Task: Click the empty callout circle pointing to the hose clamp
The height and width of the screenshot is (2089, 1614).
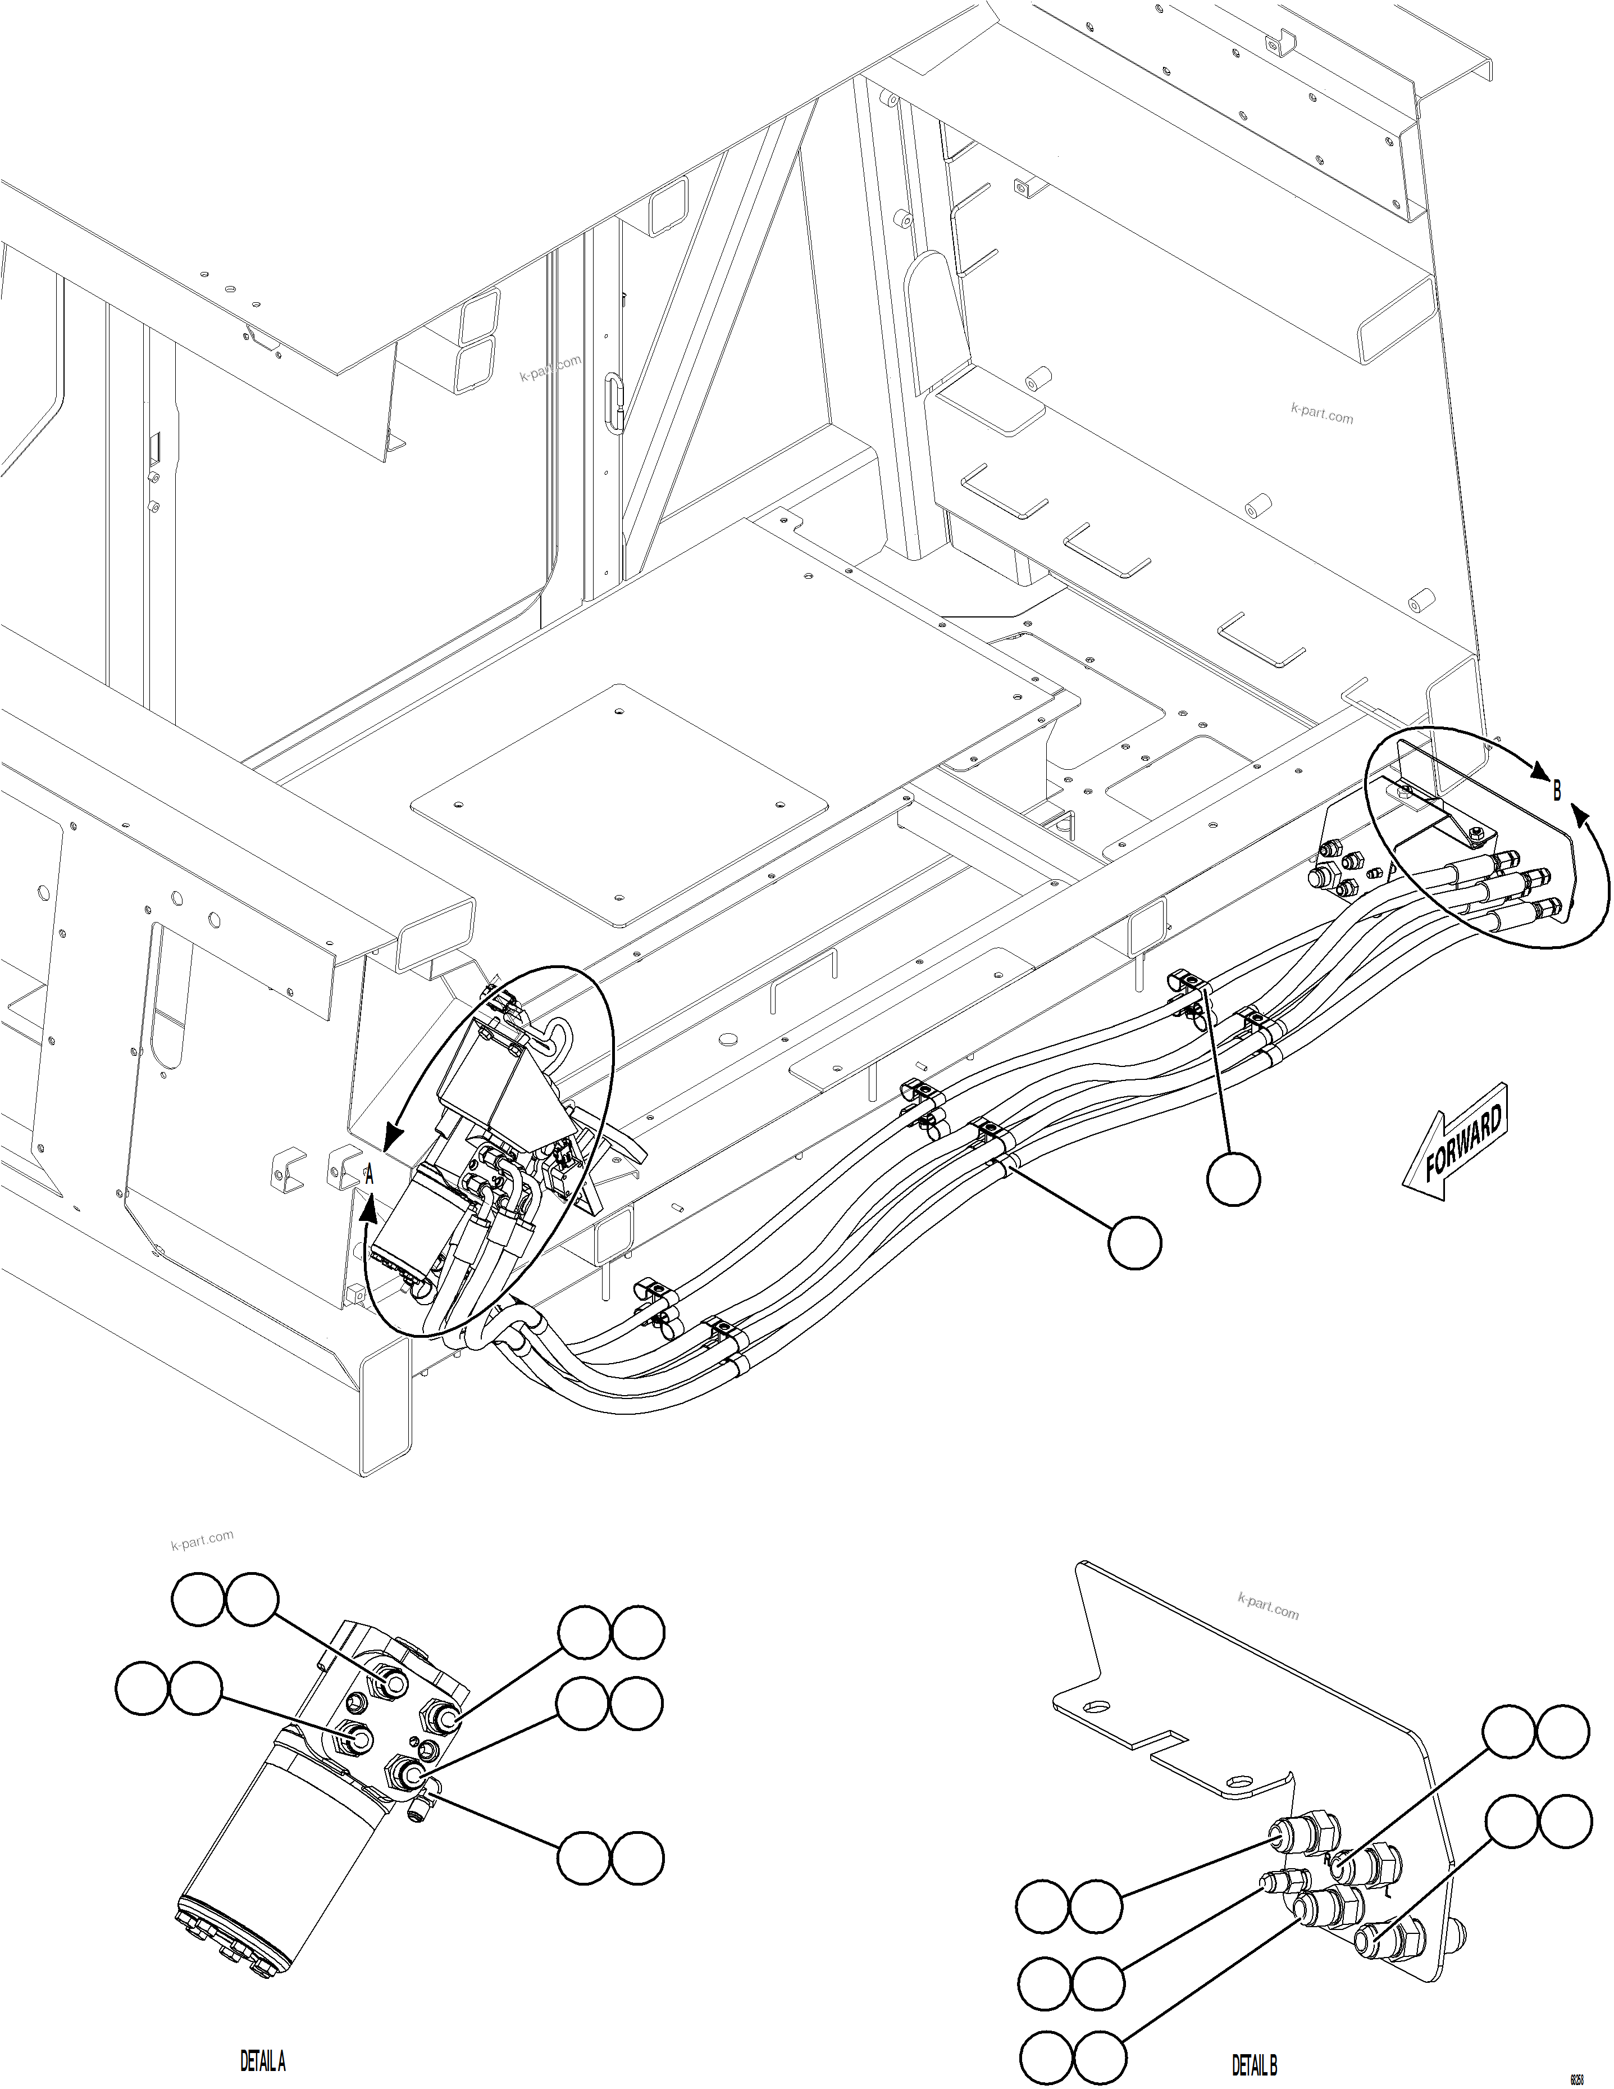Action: pyautogui.click(x=1233, y=1179)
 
